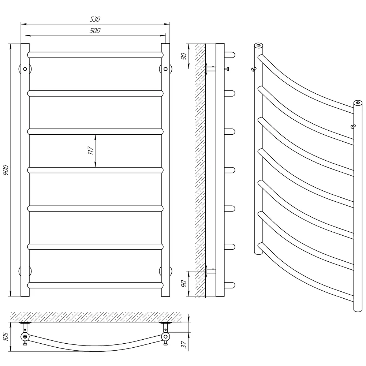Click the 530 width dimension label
point(95,19)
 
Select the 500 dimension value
point(95,31)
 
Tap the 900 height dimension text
point(5,170)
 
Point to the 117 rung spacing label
point(90,150)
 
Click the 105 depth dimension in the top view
point(5,336)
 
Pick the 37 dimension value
point(184,344)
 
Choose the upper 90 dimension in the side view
point(184,56)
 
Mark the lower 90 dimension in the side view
point(184,284)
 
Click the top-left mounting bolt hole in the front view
point(25,69)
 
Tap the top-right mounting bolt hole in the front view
point(165,69)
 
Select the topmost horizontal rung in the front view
point(95,55)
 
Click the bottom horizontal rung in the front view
point(95,285)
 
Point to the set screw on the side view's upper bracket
point(227,69)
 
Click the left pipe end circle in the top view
point(25,337)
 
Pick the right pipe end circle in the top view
point(165,337)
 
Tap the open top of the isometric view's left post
point(258,45)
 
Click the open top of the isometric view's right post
point(358,103)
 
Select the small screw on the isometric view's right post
point(353,127)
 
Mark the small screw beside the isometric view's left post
point(254,69)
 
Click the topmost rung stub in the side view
point(230,55)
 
